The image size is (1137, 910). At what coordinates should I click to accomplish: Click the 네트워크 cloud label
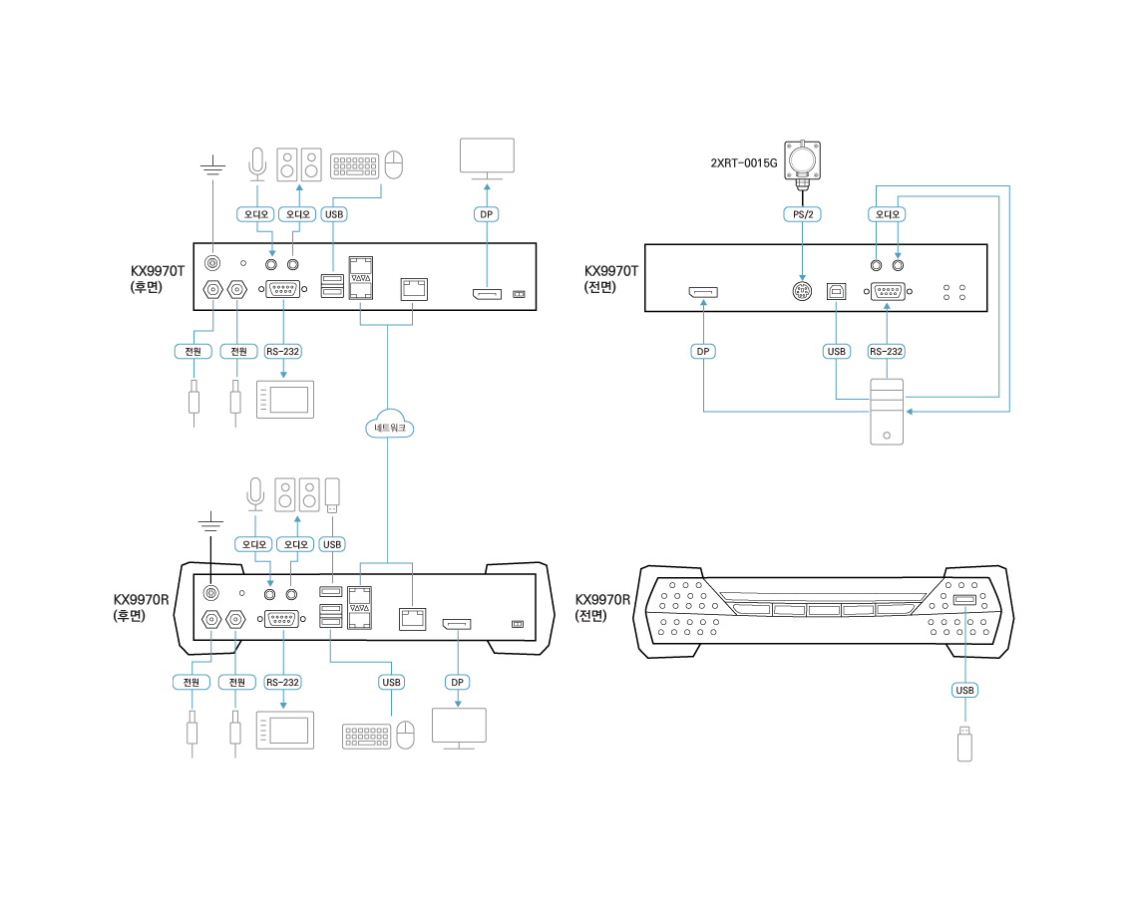(389, 428)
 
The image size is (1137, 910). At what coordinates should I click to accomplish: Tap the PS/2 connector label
(802, 214)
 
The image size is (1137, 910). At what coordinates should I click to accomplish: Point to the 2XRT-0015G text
(743, 162)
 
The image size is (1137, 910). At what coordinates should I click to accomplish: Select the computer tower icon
(887, 411)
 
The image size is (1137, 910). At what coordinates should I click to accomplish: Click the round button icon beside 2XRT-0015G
(802, 159)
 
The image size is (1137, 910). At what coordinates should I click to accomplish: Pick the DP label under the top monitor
(486, 214)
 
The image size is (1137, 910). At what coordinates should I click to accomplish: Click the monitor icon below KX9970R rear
(459, 727)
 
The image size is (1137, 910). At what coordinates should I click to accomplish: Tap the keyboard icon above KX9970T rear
(355, 166)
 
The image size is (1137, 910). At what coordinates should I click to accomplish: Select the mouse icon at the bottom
(405, 736)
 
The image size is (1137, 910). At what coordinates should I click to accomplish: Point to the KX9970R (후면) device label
(141, 608)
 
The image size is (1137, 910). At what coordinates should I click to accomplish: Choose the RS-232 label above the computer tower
(886, 351)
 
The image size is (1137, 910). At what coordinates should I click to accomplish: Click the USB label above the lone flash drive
(964, 690)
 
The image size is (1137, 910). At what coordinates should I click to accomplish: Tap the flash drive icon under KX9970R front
(964, 744)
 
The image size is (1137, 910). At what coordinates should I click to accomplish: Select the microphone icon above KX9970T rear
(257, 164)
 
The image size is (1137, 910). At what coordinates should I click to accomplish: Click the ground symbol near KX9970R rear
(210, 521)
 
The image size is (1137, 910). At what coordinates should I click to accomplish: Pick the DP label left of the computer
(703, 351)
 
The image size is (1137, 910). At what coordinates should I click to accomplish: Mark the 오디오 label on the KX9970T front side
(887, 214)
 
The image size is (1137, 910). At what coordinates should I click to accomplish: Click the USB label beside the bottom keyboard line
(391, 682)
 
